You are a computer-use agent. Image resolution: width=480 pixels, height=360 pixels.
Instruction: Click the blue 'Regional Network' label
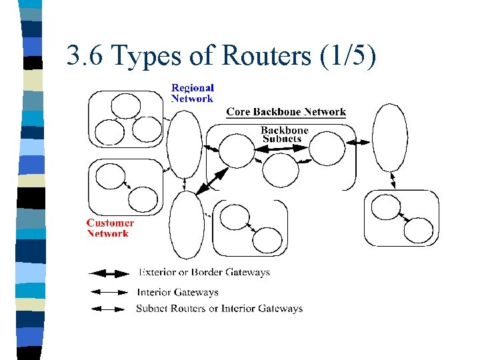(x=193, y=93)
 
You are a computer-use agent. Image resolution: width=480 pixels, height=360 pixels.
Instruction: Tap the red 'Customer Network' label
(x=110, y=228)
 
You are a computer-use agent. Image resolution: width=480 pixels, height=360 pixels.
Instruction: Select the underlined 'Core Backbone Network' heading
(x=286, y=112)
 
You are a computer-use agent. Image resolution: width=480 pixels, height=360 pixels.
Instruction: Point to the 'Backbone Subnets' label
(x=284, y=135)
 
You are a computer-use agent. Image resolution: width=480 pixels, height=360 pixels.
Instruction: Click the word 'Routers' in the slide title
(x=266, y=55)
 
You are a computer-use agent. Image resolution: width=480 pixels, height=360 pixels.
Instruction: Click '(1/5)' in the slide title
(x=348, y=56)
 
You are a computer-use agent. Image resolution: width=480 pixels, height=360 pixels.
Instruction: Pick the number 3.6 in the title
(x=85, y=55)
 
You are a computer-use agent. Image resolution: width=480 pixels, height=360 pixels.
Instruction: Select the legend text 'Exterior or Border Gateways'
(x=204, y=272)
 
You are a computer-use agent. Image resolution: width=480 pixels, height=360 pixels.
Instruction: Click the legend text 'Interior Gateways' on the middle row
(x=177, y=293)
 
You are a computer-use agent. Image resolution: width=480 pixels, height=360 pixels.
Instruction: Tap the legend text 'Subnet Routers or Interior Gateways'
(x=219, y=308)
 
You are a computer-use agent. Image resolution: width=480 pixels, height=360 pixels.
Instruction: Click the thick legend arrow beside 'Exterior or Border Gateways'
(x=109, y=273)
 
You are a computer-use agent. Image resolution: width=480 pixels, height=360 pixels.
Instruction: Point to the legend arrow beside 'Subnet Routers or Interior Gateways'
(x=108, y=309)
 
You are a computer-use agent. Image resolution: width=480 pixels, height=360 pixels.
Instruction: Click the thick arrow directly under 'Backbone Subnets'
(x=281, y=149)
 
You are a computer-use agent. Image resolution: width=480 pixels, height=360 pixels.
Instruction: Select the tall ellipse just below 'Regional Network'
(x=184, y=145)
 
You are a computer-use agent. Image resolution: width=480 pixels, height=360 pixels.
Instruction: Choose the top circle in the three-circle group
(x=126, y=106)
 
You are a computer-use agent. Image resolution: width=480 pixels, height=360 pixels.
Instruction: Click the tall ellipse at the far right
(x=390, y=137)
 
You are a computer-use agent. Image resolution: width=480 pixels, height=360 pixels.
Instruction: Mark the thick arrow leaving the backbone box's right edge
(x=358, y=143)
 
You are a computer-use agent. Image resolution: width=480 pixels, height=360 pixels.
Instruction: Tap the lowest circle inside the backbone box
(x=281, y=170)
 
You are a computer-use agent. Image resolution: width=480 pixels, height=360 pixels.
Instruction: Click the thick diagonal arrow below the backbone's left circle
(x=212, y=181)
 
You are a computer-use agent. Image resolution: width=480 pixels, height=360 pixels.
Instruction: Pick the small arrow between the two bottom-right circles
(x=405, y=217)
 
